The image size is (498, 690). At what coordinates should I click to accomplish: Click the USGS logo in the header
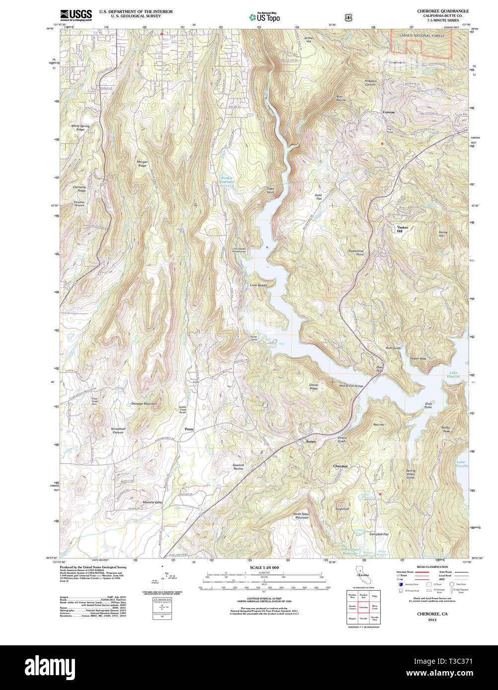click(x=75, y=15)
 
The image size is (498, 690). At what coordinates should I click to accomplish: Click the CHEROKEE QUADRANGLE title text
click(x=443, y=11)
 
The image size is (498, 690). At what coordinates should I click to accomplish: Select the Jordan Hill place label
click(x=309, y=39)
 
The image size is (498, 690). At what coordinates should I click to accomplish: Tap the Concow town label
click(x=388, y=112)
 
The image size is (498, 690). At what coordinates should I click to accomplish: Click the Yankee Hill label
click(x=402, y=229)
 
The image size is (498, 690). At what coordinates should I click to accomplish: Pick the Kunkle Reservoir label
click(x=226, y=180)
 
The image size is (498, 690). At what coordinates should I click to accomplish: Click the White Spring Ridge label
click(x=80, y=128)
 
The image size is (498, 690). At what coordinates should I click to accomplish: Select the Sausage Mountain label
click(x=144, y=404)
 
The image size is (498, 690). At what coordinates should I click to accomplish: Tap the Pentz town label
click(x=189, y=429)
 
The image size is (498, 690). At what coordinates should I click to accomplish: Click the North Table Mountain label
click(x=301, y=516)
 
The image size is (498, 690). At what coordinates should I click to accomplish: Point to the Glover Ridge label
click(x=313, y=386)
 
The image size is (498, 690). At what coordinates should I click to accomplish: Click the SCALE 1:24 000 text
click(x=264, y=567)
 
